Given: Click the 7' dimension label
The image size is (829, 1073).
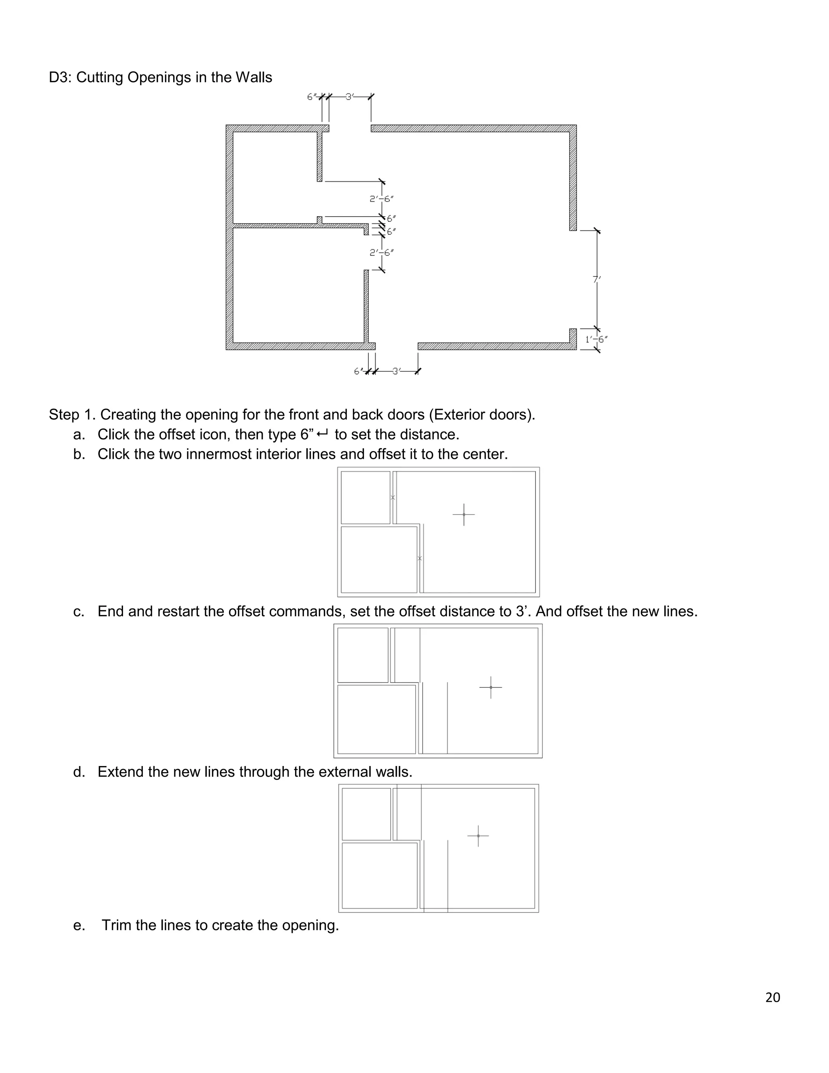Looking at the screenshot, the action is pyautogui.click(x=597, y=279).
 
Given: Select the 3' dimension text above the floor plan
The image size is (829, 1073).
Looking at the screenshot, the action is pyautogui.click(x=350, y=97).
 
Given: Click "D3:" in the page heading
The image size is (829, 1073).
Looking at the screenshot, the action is pyautogui.click(x=60, y=78).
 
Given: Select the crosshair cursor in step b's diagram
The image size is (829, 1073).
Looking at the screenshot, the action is pyautogui.click(x=463, y=514).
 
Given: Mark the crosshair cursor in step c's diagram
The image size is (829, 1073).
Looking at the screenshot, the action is pyautogui.click(x=491, y=688).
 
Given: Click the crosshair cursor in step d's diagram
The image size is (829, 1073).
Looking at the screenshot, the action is pyautogui.click(x=478, y=836).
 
